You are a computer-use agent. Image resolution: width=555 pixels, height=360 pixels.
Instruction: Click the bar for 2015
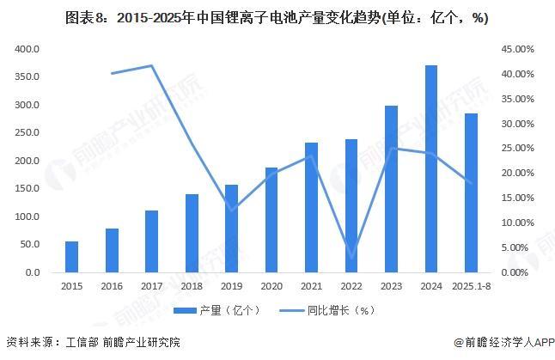coord(71,257)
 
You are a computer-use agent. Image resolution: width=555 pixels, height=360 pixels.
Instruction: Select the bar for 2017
coord(151,241)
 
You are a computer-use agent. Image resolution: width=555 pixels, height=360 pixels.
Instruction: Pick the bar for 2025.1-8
coord(471,192)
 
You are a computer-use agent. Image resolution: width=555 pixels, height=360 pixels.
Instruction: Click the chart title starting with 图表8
coord(277,17)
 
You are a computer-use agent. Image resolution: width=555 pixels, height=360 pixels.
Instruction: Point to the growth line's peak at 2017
coord(151,65)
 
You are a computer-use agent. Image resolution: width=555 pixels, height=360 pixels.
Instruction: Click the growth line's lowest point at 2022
coord(351,256)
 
